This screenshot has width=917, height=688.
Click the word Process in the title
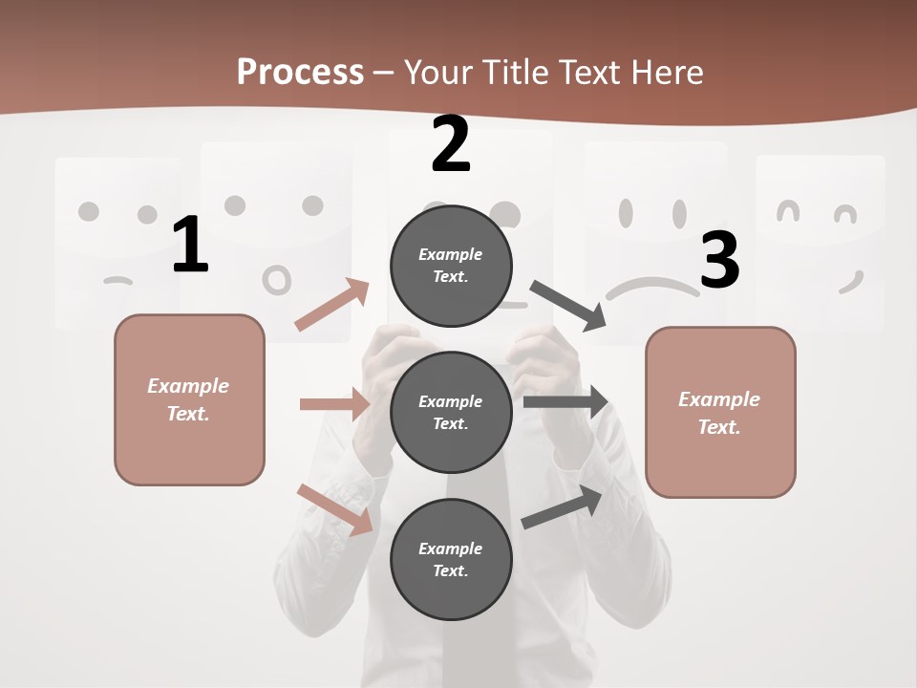click(x=300, y=72)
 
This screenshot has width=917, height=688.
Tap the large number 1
click(x=190, y=246)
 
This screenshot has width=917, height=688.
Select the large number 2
click(x=451, y=144)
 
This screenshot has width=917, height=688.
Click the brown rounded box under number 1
click(x=189, y=399)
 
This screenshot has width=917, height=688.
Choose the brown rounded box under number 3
click(x=720, y=413)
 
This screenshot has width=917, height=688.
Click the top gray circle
click(x=451, y=266)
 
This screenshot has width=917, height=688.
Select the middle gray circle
click(x=451, y=413)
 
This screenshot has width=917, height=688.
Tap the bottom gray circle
click(x=451, y=560)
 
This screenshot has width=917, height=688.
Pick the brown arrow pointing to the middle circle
click(x=334, y=404)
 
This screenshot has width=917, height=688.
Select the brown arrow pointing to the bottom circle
click(x=334, y=509)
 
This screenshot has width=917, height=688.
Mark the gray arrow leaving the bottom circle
click(x=563, y=507)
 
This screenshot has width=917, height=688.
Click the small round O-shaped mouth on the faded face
click(x=277, y=280)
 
